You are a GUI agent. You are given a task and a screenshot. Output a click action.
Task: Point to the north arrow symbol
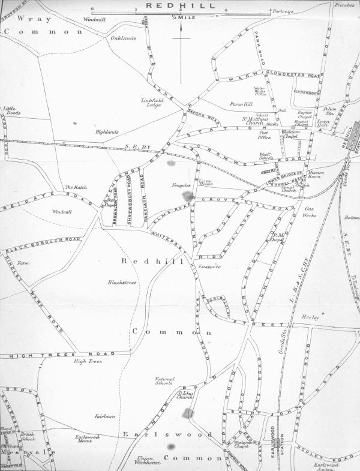[x=180, y=39]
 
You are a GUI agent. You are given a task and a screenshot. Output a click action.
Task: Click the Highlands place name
[x=107, y=131]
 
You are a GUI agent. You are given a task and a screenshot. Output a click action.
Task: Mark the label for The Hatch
[x=76, y=188]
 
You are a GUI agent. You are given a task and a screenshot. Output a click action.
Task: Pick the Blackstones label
[x=122, y=282]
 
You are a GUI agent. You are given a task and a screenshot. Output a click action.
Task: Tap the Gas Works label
[x=310, y=211]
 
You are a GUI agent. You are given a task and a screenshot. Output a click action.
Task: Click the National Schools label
[x=164, y=382]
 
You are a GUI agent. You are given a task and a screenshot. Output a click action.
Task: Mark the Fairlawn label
[x=104, y=416]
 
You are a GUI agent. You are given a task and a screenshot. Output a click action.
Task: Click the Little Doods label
[x=12, y=110]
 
